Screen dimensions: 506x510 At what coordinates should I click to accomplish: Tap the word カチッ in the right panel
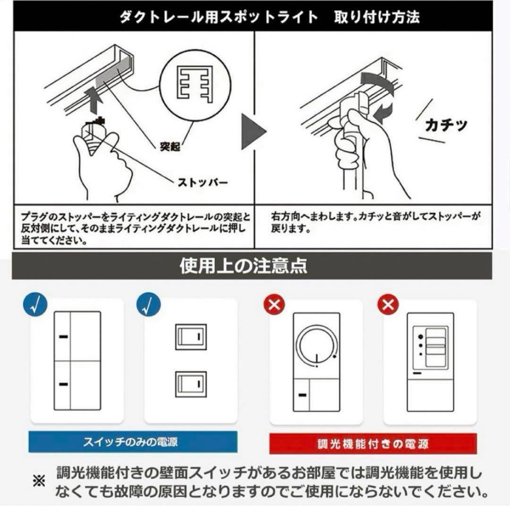[446, 125]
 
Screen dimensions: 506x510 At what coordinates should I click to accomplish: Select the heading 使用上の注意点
[243, 266]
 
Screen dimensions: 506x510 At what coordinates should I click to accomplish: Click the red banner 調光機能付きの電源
[373, 444]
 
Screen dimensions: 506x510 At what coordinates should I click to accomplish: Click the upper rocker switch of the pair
[191, 337]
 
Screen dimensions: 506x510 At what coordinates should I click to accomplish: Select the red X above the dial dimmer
[274, 305]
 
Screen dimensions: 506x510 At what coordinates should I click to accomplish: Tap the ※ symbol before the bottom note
[38, 481]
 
